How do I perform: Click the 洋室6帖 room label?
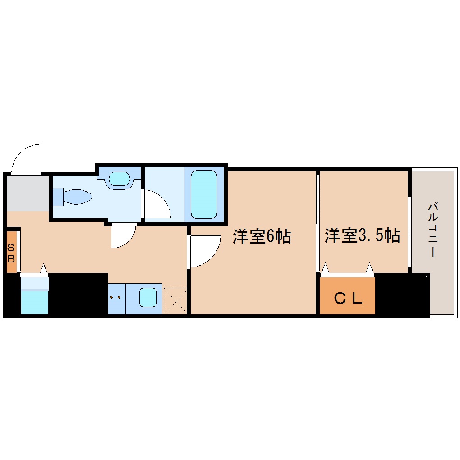pos(262,236)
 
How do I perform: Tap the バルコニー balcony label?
pos(433,230)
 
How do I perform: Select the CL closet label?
pos(348,298)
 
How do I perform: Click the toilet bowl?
pos(78,197)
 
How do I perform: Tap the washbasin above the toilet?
pos(119,179)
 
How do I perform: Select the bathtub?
pos(204,194)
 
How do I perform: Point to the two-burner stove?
pos(116,298)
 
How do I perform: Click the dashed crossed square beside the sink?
pos(175,300)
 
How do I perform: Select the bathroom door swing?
pos(156,205)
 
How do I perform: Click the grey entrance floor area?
pos(27,193)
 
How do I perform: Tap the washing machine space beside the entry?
pos(34,295)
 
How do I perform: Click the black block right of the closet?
pos(401,295)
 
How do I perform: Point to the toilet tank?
pos(58,197)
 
